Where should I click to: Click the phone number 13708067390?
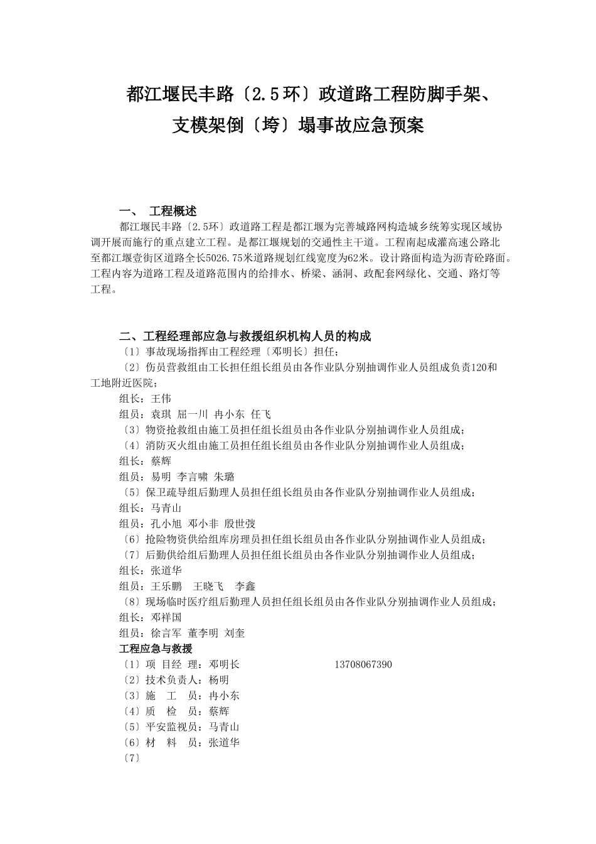tap(363, 664)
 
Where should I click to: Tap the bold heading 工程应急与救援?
tap(156, 649)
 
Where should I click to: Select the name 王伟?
tap(161, 399)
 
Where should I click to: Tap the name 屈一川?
tap(193, 414)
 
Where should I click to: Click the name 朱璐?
tap(224, 477)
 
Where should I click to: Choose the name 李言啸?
tap(193, 477)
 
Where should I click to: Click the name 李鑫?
tap(245, 586)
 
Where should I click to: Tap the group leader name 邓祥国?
tap(166, 617)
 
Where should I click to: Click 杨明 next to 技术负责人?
tap(219, 680)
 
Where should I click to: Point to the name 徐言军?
tap(166, 633)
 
